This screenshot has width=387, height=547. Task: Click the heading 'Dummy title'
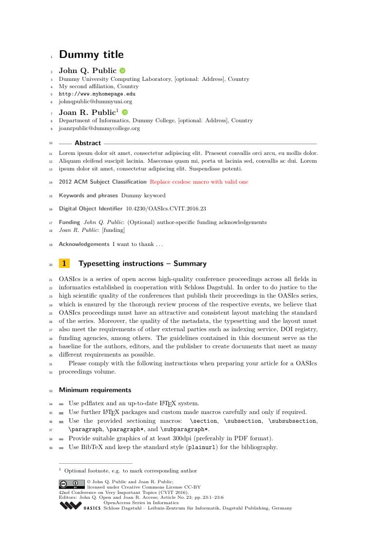(91, 55)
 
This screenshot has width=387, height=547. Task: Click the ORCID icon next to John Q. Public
(122, 71)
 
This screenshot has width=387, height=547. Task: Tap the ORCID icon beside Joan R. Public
(125, 113)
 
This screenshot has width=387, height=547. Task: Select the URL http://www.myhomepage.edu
(97, 94)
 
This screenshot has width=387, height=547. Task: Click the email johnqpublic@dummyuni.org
(96, 101)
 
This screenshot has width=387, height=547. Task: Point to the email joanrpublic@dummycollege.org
(99, 128)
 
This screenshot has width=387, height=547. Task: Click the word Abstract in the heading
(88, 143)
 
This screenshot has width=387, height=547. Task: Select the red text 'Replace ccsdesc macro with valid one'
(199, 182)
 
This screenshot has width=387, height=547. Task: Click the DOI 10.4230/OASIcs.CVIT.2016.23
(166, 208)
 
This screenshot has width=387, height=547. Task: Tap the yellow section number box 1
(64, 264)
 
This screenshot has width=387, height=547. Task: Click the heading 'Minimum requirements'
(95, 390)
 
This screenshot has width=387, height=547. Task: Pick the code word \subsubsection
(292, 421)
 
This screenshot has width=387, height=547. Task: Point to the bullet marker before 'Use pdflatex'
(61, 404)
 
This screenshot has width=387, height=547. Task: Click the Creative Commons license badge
(72, 484)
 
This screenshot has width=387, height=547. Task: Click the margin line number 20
(51, 265)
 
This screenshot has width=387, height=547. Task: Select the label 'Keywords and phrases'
(88, 195)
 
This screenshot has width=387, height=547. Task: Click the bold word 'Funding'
(69, 222)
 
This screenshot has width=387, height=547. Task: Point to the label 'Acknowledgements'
(84, 244)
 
